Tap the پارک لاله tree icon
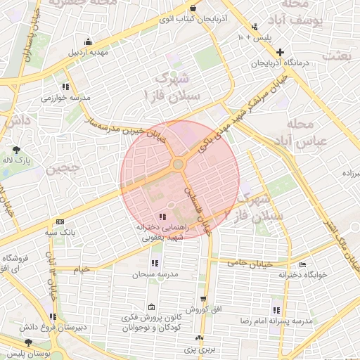pyautogui.click(x=16, y=149)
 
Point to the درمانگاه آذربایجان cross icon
pyautogui.click(x=281, y=53)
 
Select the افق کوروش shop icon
pyautogui.click(x=204, y=298)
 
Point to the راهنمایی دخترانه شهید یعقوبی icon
pyautogui.click(x=163, y=217)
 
